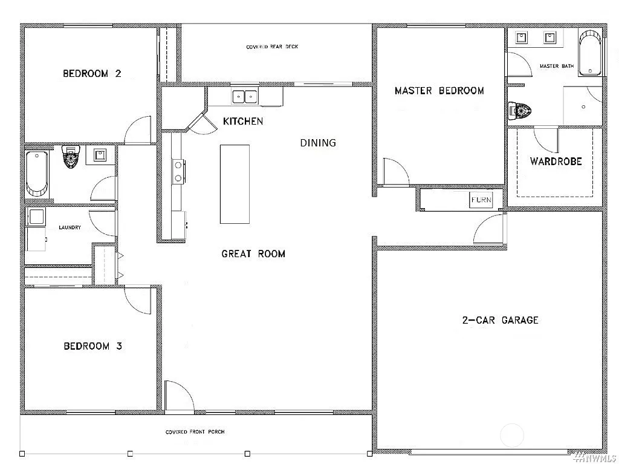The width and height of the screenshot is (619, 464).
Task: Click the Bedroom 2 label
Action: pos(92,74)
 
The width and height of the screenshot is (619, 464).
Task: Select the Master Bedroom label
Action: pos(439,91)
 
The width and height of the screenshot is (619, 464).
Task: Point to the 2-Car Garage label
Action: pos(499,320)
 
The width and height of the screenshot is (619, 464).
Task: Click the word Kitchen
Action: pos(243,122)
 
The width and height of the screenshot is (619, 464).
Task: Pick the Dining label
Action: pos(318,143)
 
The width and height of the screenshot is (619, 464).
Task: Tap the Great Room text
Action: pos(253,254)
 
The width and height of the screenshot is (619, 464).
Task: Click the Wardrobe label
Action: pos(556,162)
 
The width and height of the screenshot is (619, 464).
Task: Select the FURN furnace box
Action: pos(481,200)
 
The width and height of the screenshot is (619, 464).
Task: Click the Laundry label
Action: pos(70,228)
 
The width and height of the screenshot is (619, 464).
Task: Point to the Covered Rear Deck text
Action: pos(272,47)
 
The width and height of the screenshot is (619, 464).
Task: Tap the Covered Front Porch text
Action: pos(195,433)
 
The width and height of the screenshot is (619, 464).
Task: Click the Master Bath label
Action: pos(556,67)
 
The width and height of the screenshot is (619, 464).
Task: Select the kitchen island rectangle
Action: pos(235,184)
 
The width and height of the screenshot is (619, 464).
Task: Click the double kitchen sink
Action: pos(245,96)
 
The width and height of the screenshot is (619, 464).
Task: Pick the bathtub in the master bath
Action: pos(590,53)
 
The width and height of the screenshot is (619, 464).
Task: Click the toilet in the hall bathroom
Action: pos(71,157)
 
